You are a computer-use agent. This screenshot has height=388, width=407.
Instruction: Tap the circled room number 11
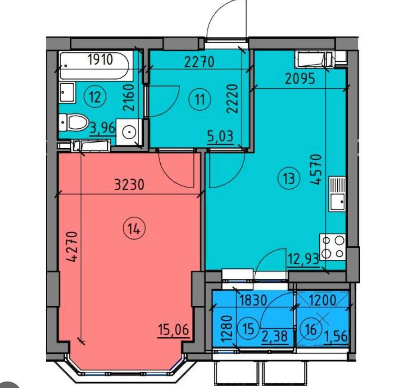[200, 99]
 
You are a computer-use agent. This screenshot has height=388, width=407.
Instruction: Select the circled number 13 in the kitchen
[289, 178]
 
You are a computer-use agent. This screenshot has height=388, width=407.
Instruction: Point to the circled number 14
[134, 229]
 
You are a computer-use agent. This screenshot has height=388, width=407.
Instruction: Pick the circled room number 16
[311, 330]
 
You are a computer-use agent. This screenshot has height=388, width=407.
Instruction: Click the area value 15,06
[173, 330]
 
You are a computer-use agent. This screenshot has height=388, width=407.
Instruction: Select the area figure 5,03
[220, 136]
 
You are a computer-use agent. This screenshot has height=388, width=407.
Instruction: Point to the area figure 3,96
[102, 128]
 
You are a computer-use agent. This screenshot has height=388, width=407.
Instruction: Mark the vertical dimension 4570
[316, 169]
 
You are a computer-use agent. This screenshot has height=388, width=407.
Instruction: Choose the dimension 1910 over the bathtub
[100, 59]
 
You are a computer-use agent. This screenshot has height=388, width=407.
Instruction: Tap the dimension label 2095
[300, 79]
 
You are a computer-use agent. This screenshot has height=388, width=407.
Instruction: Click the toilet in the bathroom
[74, 122]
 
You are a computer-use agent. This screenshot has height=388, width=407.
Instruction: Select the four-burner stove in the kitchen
[332, 247]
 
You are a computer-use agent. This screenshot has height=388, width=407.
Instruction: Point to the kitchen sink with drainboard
[337, 194]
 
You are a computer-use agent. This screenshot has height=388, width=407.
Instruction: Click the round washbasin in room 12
[129, 132]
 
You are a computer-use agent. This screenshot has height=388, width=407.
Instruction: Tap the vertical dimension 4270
[72, 246]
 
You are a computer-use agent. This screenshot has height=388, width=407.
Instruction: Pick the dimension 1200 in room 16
[322, 301]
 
